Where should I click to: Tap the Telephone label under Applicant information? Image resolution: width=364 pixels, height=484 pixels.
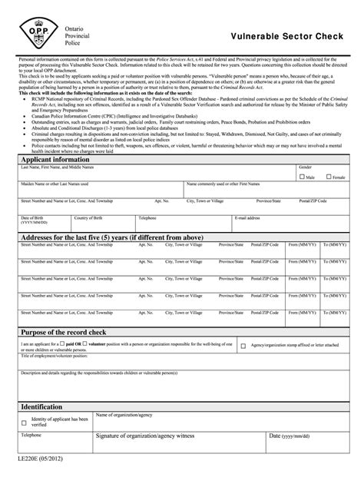pos(147,217)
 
